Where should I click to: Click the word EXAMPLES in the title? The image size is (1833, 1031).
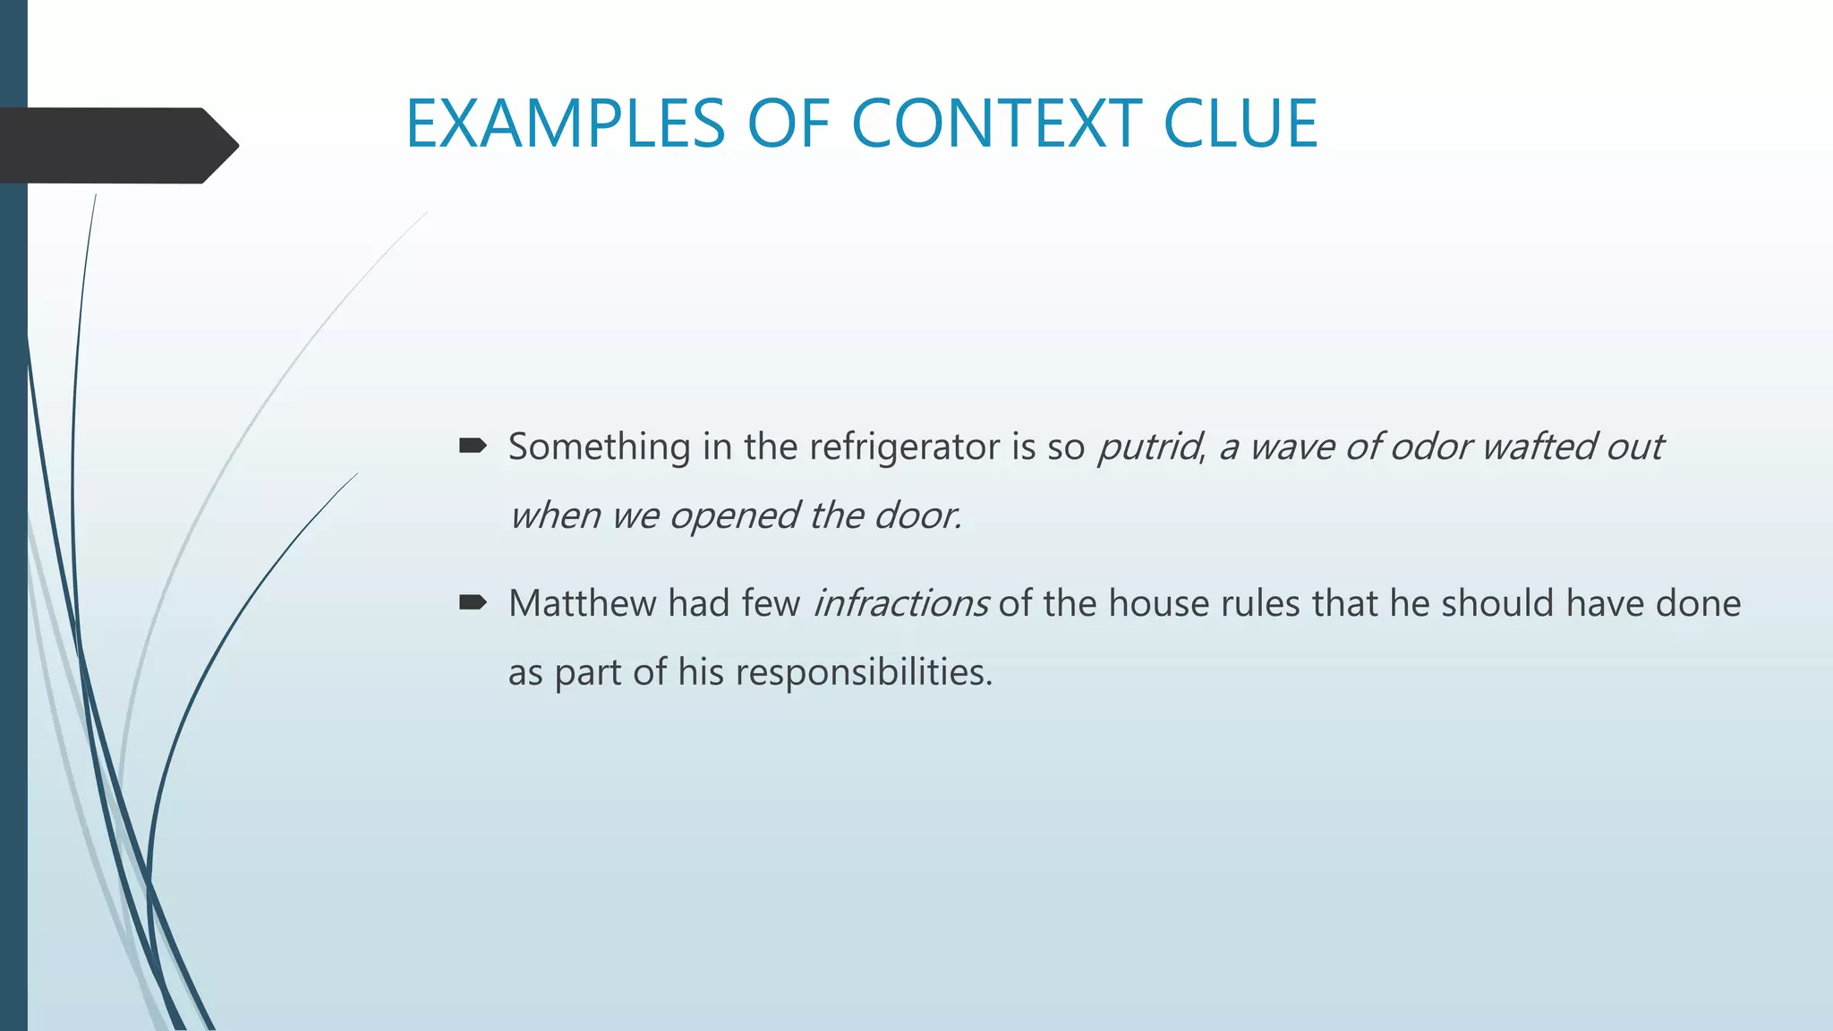[565, 124]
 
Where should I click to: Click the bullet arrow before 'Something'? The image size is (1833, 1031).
[473, 445]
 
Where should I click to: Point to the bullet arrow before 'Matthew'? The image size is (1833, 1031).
[473, 602]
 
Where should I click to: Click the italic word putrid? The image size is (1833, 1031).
[1149, 447]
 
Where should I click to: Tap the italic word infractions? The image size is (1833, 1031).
[900, 603]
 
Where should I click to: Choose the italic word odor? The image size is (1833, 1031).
[1429, 447]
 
